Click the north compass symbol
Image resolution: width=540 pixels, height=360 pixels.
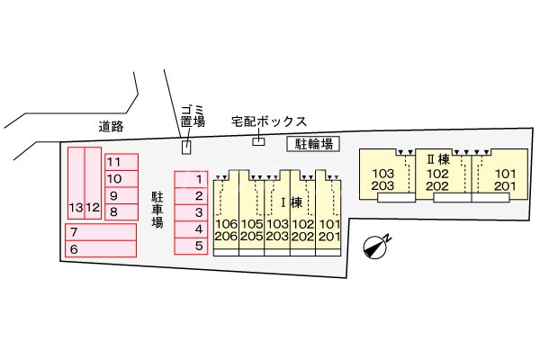[377, 246]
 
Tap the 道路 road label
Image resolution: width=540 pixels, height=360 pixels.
[112, 127]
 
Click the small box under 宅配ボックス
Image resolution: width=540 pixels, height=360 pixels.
[258, 140]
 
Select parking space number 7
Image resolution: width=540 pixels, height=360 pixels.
[98, 232]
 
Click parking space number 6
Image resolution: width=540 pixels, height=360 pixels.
[98, 249]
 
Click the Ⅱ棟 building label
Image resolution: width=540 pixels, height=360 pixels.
[437, 159]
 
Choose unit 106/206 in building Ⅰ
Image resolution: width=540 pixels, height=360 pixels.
[226, 229]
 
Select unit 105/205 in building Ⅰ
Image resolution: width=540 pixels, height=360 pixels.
[251, 229]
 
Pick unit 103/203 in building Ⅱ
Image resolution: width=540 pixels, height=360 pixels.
[383, 179]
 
